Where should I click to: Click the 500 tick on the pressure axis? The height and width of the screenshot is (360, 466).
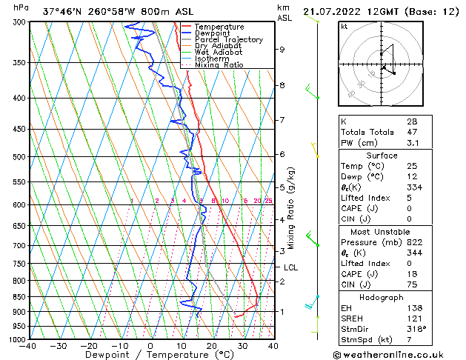coord(19,157)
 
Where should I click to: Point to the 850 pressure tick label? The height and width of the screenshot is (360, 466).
coord(19,297)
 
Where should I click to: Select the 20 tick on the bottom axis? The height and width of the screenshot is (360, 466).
coord(211,346)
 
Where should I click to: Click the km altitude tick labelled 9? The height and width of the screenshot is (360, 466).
coord(282,50)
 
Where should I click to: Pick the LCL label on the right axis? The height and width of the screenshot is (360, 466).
coord(291,268)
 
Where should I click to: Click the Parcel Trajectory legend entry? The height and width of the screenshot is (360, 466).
coord(228,40)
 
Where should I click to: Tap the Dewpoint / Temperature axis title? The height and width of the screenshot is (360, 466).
coord(151,356)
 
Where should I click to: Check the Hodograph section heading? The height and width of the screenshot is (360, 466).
coord(382,297)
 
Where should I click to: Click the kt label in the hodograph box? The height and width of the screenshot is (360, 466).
coord(344,27)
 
